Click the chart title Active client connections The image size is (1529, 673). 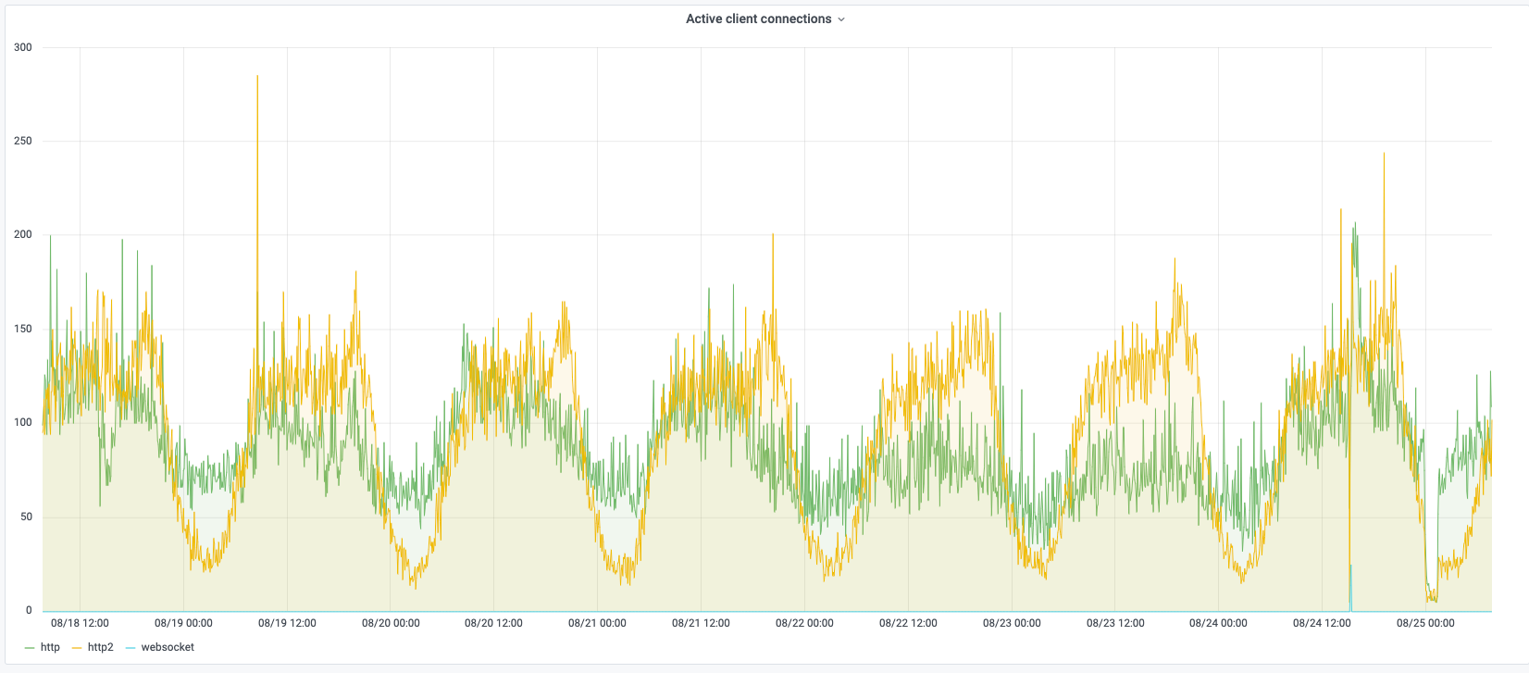point(758,19)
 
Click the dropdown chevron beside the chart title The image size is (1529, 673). point(841,19)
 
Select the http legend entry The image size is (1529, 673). point(50,647)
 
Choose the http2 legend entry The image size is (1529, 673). point(100,647)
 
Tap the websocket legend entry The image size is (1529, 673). point(168,647)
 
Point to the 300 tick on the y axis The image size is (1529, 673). point(23,47)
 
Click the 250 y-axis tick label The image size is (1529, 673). point(23,142)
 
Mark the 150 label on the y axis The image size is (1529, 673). point(23,329)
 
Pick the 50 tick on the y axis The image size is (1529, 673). point(26,517)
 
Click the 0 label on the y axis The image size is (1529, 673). point(29,610)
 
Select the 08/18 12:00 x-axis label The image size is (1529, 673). point(80,623)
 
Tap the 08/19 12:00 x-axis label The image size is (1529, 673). point(287,623)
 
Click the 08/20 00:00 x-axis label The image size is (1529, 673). point(391,623)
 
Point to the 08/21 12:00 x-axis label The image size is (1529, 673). point(701,623)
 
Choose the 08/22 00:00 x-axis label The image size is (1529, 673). point(804,623)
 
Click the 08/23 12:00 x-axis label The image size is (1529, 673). point(1115,623)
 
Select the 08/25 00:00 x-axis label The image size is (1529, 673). point(1425,623)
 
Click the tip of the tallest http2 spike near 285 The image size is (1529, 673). point(257,77)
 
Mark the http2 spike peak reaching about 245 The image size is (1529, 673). point(1384,154)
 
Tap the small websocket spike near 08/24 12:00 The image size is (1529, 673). point(1350,567)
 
